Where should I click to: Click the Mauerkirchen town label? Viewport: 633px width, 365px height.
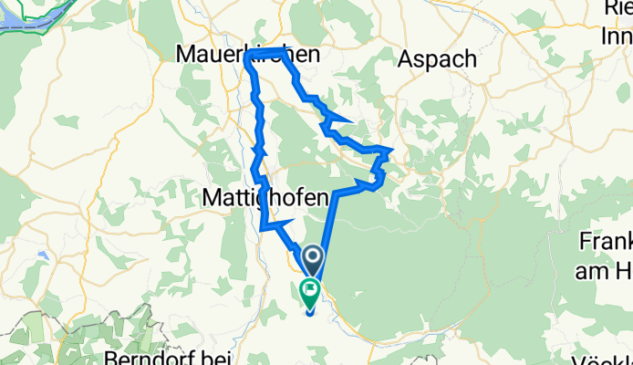[x=248, y=55]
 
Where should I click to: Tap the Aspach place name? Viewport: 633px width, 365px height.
[x=438, y=58]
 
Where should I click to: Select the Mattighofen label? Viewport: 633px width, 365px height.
[x=264, y=195]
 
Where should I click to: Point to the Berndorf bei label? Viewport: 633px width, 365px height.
[x=168, y=357]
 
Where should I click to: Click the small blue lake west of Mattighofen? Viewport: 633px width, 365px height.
[x=43, y=256]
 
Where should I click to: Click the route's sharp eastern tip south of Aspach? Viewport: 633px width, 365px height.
[x=392, y=148]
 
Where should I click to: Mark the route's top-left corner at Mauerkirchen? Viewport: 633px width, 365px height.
[x=247, y=57]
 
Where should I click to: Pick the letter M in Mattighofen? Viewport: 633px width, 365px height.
[x=210, y=195]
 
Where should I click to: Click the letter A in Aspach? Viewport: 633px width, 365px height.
[x=407, y=58]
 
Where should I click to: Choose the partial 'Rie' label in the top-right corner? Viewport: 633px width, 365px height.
[x=618, y=9]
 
